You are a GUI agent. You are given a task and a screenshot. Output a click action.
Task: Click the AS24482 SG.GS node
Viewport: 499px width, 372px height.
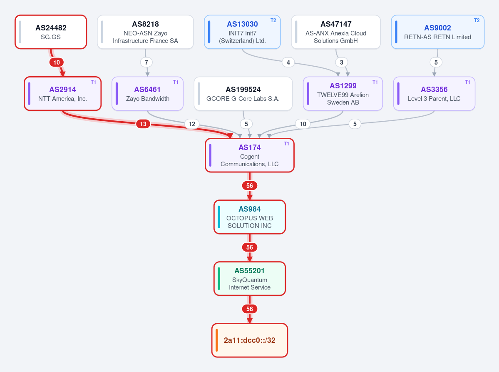point(51,32)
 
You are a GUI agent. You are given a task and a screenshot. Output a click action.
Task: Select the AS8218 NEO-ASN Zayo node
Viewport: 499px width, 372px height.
point(145,32)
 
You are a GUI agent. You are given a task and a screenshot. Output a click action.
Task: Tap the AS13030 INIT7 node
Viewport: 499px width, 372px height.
point(242,32)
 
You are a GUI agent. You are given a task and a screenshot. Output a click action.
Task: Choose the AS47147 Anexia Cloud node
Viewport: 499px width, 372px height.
point(336,32)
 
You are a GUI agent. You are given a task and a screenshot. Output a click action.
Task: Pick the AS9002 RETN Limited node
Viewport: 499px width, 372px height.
point(437,32)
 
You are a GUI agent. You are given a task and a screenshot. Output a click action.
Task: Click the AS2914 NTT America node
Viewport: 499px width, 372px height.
point(63,94)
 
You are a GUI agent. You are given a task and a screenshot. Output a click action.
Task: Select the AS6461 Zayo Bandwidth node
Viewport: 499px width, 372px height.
point(147,94)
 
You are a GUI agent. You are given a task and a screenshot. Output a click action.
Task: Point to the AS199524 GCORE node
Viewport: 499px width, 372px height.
point(243,94)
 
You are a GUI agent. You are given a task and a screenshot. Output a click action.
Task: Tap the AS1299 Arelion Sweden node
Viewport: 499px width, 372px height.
point(343,94)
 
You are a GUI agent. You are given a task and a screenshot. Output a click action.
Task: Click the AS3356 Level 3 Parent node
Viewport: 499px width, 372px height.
point(434,94)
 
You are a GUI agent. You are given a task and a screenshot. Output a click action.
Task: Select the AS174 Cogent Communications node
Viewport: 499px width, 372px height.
point(250,155)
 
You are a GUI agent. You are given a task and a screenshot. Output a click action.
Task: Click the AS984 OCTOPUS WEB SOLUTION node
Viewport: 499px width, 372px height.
point(250,217)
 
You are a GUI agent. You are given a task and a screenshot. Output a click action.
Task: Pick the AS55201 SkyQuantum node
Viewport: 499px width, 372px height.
point(250,279)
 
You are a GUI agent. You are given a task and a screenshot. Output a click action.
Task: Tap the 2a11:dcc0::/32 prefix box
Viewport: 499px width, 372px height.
point(250,340)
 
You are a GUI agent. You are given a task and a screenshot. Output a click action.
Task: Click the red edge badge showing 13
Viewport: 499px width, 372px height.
point(143,124)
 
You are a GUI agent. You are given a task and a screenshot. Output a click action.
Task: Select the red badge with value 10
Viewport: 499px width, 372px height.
point(56,62)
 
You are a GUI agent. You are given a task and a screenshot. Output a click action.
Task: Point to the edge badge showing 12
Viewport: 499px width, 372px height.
point(191,124)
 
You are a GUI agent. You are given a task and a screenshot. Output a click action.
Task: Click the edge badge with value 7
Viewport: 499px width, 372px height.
point(146,62)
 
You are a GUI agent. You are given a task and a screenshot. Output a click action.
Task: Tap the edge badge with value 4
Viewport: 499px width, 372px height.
point(288,62)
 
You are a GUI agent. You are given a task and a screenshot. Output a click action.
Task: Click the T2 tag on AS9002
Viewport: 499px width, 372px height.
point(477,20)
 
